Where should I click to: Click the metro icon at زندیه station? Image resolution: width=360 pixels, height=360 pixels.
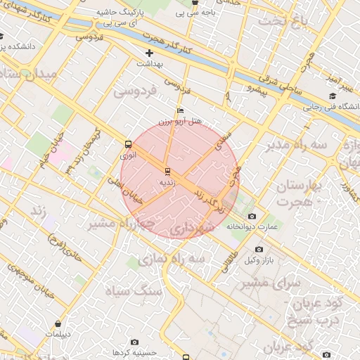click(x=167, y=171)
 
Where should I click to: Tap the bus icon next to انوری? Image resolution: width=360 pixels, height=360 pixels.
click(x=128, y=143)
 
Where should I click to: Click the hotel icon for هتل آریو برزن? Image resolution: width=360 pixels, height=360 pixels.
click(x=181, y=111)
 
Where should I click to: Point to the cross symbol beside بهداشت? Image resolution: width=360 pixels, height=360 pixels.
click(x=149, y=53)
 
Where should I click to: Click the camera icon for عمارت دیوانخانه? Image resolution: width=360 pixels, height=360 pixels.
click(x=252, y=216)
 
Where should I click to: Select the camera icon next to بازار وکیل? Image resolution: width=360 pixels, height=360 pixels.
click(x=259, y=250)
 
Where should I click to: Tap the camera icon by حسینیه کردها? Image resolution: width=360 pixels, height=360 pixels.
click(x=134, y=342)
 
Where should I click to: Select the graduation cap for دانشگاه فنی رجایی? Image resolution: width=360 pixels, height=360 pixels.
click(x=332, y=96)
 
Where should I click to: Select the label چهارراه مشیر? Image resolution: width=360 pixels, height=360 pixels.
click(x=112, y=223)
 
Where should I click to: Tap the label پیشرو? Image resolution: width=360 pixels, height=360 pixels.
click(x=250, y=89)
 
